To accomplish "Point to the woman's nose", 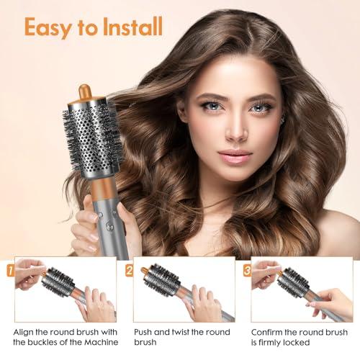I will coord(235,130).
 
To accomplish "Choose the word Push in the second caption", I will coord(145,331).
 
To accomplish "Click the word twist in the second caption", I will coord(186,331).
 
